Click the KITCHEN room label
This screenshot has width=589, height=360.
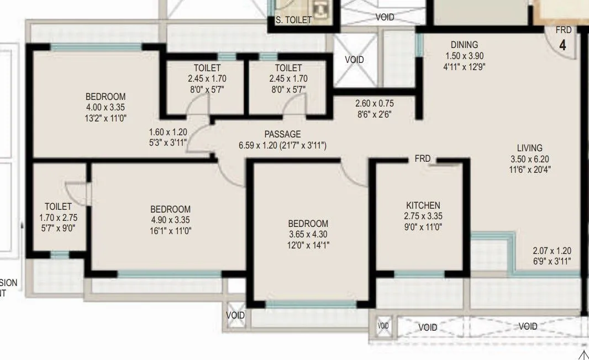click(423, 205)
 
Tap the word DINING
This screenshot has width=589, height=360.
click(464, 45)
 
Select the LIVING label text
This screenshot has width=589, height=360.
click(529, 148)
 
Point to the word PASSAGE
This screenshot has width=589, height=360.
click(282, 134)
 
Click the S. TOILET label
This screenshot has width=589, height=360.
click(294, 20)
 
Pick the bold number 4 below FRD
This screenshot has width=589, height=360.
click(562, 45)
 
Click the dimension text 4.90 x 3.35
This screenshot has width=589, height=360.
click(170, 220)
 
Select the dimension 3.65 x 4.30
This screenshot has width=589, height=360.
click(308, 234)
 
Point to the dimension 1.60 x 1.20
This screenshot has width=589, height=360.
click(168, 133)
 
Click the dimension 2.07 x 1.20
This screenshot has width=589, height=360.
click(552, 250)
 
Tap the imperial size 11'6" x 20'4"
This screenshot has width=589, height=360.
click(529, 169)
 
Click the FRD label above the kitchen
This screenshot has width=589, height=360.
click(423, 159)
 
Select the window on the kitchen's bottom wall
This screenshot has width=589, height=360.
click(419, 274)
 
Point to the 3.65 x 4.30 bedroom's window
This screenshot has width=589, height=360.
click(311, 304)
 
